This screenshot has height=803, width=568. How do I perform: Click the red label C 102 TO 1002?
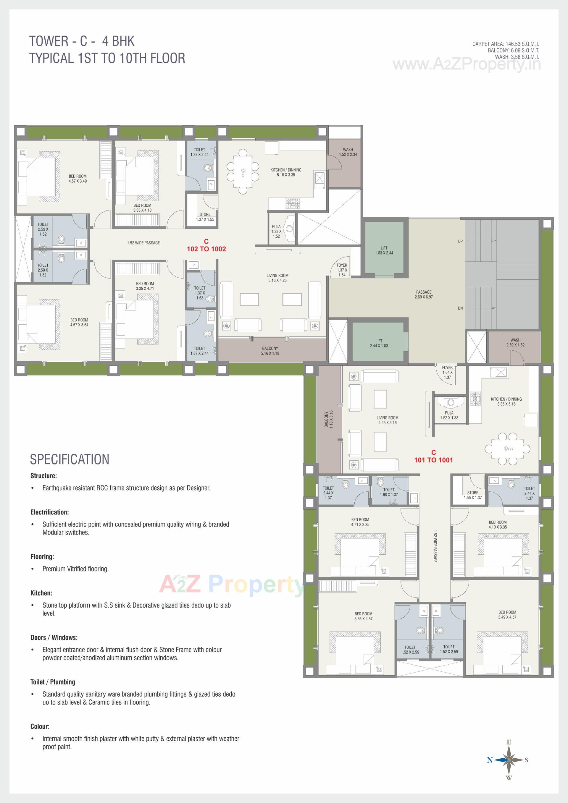206,245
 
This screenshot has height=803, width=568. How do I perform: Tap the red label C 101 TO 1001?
433,457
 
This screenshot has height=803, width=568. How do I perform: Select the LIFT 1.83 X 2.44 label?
384,250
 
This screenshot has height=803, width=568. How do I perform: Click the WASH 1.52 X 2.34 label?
348,152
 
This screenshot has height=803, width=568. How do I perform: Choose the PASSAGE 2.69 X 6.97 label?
424,294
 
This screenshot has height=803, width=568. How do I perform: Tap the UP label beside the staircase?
460,241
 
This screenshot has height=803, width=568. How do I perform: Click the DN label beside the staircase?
460,308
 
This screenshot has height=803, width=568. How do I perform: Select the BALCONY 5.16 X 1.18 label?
270,351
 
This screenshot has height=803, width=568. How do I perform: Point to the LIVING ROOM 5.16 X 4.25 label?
277,278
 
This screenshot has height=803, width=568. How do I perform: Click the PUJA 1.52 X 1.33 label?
449,415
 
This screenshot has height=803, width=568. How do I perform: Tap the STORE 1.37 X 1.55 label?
205,217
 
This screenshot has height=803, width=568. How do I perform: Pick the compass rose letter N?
490,760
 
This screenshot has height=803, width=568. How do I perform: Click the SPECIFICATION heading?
70,459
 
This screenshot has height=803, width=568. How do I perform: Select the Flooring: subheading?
42,556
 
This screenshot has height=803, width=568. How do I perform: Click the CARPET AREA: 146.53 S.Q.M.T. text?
505,44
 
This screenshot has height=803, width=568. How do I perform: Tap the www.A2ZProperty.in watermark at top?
467,64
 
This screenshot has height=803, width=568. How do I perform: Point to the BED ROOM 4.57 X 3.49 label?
78,179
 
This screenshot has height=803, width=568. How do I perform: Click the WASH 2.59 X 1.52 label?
515,342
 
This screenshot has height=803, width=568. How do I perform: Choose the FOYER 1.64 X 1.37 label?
447,373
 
